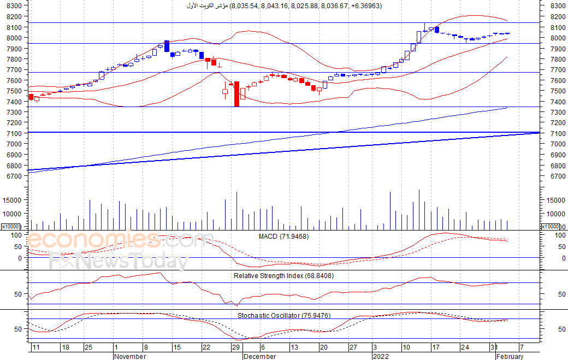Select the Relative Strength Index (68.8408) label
(283, 276)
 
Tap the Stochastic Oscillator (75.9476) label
(283, 316)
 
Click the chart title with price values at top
(283, 6)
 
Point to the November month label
(131, 356)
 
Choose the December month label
(260, 356)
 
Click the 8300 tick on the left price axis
(14, 6)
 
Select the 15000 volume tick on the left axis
(13, 200)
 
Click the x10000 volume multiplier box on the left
(11, 227)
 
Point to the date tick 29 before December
(236, 347)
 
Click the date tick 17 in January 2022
(436, 347)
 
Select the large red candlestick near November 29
(236, 93)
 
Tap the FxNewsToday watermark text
(118, 262)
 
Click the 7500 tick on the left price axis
(14, 91)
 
